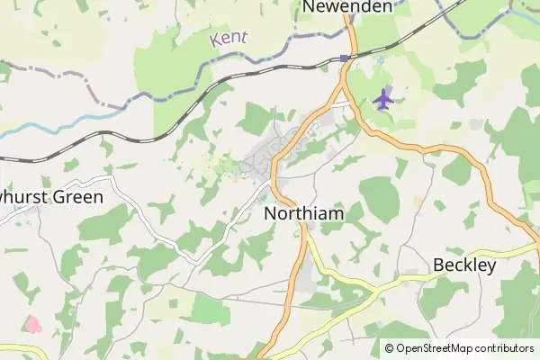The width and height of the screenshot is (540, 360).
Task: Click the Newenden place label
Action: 346,7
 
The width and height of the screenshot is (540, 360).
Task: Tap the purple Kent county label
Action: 229,39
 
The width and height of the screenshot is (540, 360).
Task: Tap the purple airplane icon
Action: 384,98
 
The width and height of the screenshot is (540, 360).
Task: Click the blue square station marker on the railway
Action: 345,58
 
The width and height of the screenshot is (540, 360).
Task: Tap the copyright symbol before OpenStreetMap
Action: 389,348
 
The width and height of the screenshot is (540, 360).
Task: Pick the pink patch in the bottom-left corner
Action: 31,323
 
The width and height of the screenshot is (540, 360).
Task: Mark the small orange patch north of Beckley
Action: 417,200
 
